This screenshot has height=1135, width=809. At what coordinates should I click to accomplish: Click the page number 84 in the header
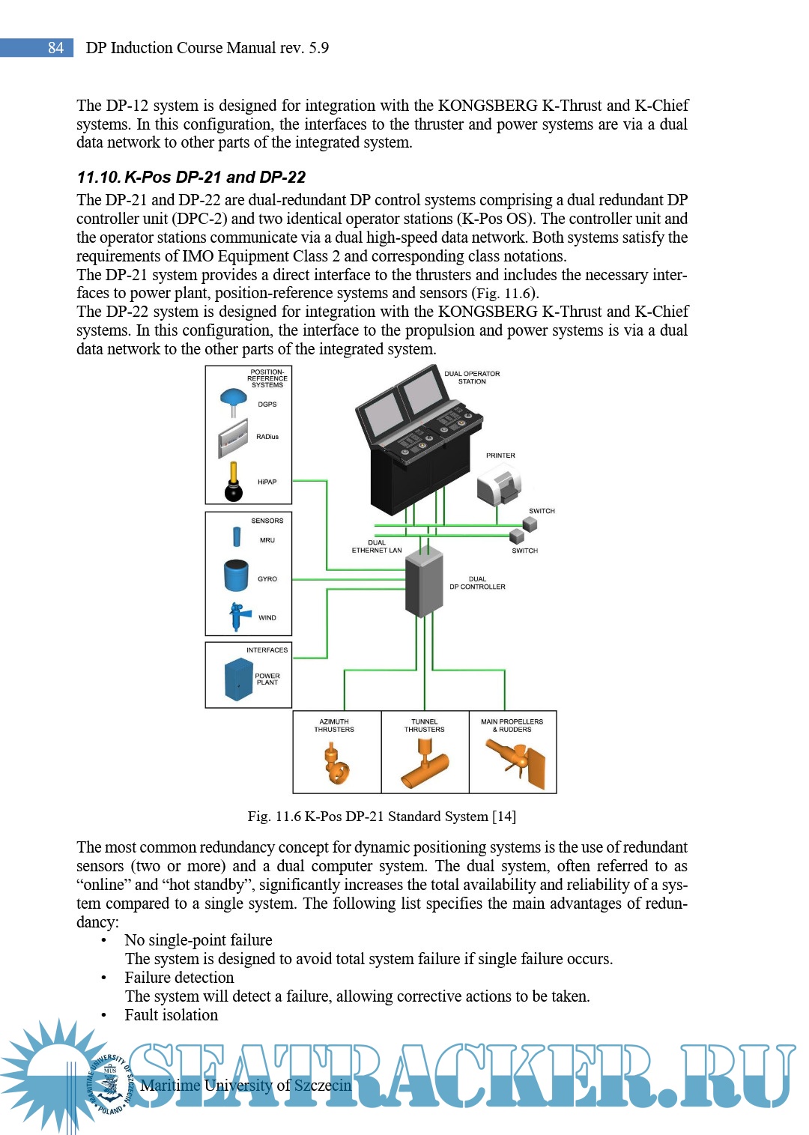coord(55,48)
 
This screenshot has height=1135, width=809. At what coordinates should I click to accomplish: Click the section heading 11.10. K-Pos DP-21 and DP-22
coord(191,178)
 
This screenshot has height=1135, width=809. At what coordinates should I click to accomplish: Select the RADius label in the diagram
coord(267,437)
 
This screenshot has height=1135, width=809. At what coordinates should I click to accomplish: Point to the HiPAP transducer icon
coord(234,482)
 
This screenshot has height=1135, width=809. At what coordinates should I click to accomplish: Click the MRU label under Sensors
coord(267,540)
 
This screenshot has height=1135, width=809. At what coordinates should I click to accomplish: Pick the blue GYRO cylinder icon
coord(236,576)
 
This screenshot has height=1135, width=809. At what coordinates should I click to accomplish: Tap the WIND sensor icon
coord(239,616)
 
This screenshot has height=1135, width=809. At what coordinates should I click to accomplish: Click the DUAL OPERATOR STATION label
coord(472,378)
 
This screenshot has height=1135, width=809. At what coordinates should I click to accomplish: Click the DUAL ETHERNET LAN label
coord(377,546)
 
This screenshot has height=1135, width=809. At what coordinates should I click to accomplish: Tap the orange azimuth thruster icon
coord(336,763)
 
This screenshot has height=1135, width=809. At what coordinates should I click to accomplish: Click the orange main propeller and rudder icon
coord(516,761)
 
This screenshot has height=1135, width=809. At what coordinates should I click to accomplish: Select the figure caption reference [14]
coord(504,817)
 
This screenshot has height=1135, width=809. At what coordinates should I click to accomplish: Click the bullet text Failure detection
coord(179,978)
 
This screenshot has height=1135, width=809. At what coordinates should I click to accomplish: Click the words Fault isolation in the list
coord(172,1015)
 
